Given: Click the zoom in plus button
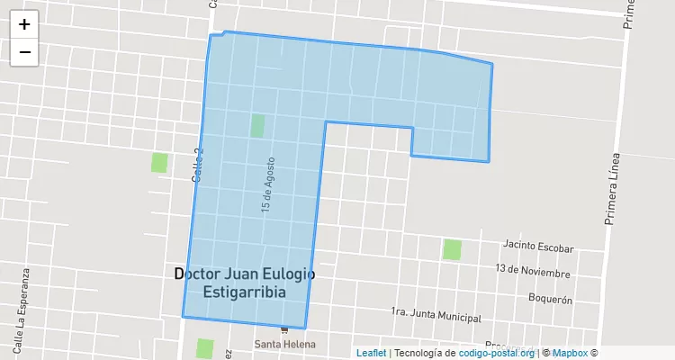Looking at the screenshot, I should click(x=24, y=24).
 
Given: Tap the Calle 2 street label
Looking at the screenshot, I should click(x=198, y=166).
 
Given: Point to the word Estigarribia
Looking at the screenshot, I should click(x=245, y=292).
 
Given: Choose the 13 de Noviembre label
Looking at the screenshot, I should click(x=533, y=272).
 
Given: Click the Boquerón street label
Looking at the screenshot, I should click(x=551, y=299).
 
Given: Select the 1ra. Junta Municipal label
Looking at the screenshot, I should click(x=436, y=315).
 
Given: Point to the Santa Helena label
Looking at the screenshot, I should click(x=284, y=345).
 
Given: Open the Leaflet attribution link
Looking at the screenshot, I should click(x=371, y=353).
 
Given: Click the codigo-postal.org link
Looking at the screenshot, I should click(x=497, y=353).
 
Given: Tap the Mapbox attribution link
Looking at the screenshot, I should click(x=570, y=353).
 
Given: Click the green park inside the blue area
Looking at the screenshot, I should click(x=257, y=126).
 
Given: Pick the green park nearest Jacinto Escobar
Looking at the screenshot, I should click(x=452, y=249).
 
